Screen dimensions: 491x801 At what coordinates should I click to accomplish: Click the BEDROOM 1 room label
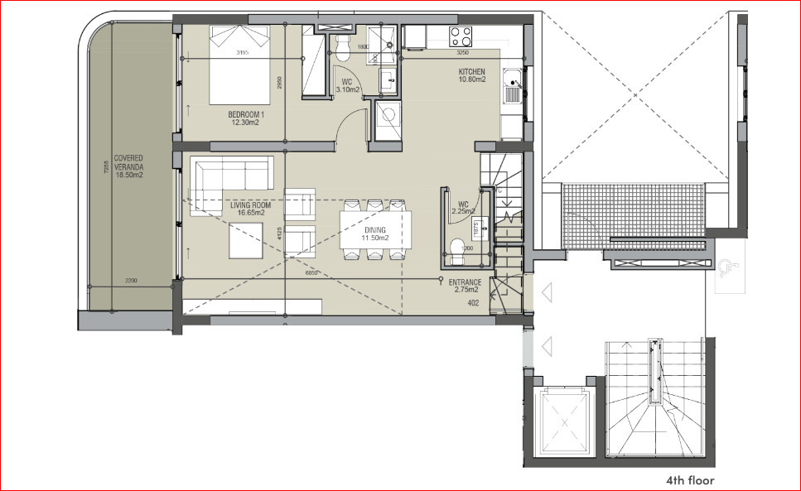(247, 118)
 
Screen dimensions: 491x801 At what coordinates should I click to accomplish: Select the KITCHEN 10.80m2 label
(471, 76)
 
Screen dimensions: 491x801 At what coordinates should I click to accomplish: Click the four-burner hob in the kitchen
(461, 36)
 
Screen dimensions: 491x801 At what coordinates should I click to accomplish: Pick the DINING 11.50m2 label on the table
(374, 234)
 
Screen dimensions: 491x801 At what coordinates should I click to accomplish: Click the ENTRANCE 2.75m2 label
(465, 286)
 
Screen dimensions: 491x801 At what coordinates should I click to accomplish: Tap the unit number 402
(474, 303)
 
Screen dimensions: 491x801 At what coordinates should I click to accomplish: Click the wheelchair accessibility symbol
(727, 266)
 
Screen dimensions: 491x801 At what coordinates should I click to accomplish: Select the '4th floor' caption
(689, 479)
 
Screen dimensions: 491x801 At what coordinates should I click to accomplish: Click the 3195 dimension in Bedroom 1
(243, 54)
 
